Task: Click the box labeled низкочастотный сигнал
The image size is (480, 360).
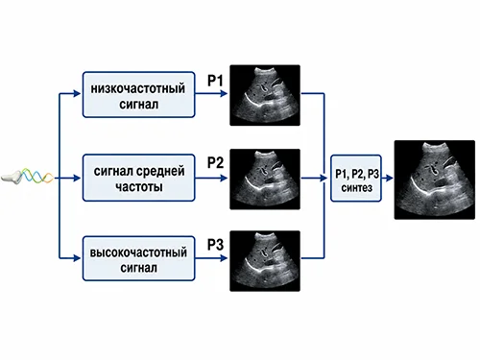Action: coord(138,94)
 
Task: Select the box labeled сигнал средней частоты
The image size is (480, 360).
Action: coord(138,178)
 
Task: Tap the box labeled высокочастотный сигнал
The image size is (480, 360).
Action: coord(138,258)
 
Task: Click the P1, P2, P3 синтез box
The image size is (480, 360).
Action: coord(356,179)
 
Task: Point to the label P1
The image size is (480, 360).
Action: coord(215,81)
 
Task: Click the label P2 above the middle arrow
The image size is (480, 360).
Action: coord(215,162)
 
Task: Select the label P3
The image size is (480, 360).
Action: coord(215,245)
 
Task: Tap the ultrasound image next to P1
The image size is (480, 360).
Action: coord(265,95)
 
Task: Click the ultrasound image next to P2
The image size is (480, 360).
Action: coord(265,179)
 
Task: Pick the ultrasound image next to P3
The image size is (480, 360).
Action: coord(265,261)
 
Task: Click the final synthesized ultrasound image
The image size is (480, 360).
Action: coord(435,180)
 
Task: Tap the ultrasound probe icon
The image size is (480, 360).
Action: coord(11,177)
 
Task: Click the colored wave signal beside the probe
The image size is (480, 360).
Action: coord(36,176)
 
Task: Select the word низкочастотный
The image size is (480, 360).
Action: coord(138,88)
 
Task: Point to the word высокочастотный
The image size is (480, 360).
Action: coord(138,252)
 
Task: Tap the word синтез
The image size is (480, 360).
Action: coord(356,187)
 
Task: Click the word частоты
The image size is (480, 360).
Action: coord(139,186)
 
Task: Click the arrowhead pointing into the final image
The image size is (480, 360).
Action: coord(390,178)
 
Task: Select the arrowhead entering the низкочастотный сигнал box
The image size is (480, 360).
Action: coord(77,93)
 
